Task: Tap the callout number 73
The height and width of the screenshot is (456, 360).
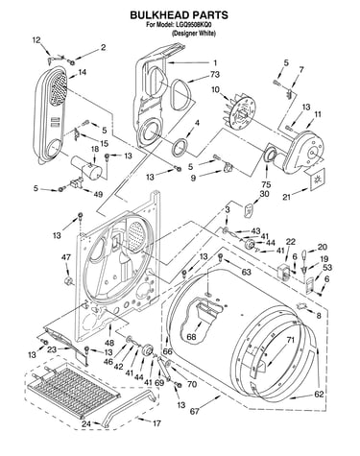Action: point(215,74)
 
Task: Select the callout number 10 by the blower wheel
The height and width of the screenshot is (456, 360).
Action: point(215,89)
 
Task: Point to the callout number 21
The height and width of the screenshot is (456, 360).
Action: point(286,197)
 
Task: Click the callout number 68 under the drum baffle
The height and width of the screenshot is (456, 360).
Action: point(191,337)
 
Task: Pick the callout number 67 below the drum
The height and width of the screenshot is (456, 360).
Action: point(195,412)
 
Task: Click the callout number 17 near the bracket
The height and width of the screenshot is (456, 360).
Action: point(156,423)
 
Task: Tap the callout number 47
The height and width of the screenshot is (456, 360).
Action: point(66,257)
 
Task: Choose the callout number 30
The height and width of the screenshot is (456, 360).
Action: point(264,194)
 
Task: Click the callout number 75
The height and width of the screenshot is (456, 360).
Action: point(266,184)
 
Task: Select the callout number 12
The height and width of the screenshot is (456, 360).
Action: point(36,40)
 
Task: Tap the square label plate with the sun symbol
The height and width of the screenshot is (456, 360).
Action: point(317,180)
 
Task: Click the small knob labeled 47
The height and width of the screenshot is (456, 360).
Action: point(68,281)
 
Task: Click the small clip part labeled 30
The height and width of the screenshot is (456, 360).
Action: point(249,211)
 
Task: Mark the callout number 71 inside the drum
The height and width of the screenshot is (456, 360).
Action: point(290,341)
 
